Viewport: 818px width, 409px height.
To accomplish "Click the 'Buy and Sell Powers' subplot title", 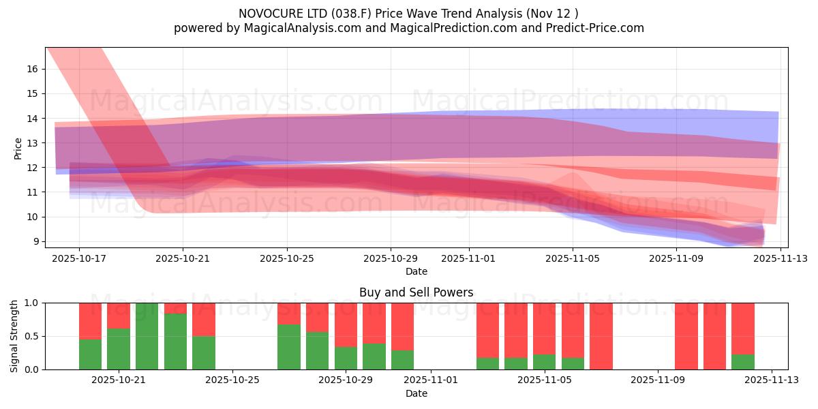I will pyautogui.click(x=416, y=292).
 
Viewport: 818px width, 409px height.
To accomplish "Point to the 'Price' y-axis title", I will pyautogui.click(x=18, y=148).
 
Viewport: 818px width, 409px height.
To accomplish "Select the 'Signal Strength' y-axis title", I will pyautogui.click(x=14, y=336).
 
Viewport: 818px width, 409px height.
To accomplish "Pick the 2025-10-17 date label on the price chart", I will pyautogui.click(x=79, y=258).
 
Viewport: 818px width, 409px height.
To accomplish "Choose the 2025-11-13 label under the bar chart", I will pyautogui.click(x=771, y=380).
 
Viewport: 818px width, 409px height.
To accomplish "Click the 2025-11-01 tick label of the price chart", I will pyautogui.click(x=468, y=258).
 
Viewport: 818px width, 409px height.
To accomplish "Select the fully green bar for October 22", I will pyautogui.click(x=147, y=336).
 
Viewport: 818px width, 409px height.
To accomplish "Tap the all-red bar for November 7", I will pyautogui.click(x=601, y=336).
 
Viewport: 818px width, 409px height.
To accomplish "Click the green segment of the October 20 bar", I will pyautogui.click(x=90, y=354).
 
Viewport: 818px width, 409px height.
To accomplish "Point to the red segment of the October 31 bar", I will pyautogui.click(x=402, y=326).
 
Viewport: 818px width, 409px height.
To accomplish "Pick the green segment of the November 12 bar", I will pyautogui.click(x=742, y=362).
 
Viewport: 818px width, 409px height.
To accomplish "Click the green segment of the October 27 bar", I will pyautogui.click(x=288, y=347).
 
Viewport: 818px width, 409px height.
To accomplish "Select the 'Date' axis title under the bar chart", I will pyautogui.click(x=416, y=393).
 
